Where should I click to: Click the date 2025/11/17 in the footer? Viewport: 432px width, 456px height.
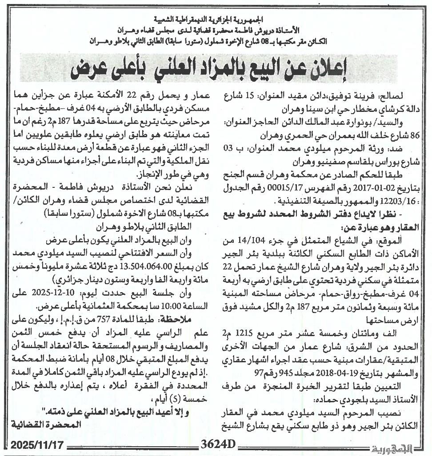click(38, 444)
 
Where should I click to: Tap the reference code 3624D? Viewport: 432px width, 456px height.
click(217, 444)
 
